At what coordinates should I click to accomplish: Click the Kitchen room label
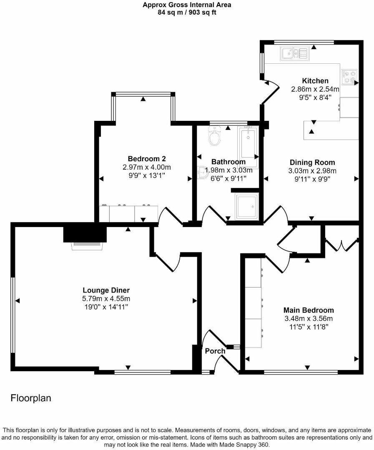tap(315, 81)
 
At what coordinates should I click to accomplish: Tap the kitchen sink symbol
tap(294, 53)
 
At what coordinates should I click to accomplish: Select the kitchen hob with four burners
tap(349, 76)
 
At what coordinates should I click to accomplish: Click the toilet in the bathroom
tap(215, 137)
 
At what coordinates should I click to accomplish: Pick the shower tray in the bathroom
tap(247, 205)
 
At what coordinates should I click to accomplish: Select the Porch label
tap(215, 351)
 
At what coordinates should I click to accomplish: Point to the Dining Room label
tap(312, 162)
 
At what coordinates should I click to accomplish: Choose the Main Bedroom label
tap(309, 310)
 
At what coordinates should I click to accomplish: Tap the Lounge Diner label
tap(106, 290)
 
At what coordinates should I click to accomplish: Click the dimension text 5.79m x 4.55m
tap(106, 299)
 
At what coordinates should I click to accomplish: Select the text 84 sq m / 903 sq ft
tap(187, 12)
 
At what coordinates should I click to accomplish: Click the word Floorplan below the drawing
tap(31, 398)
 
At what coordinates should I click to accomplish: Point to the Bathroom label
tap(228, 162)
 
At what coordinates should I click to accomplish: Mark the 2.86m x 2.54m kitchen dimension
tap(315, 89)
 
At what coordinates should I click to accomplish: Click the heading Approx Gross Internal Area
tap(187, 5)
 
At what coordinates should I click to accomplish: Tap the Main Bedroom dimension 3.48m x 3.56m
tap(309, 319)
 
